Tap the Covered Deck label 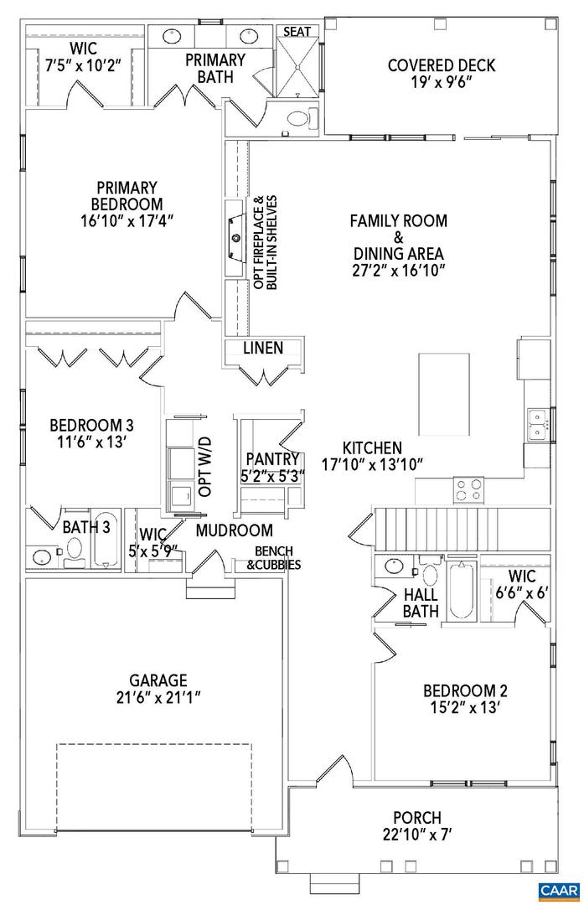442,65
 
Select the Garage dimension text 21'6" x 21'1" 158,696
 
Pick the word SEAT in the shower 297,32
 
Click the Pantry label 272,459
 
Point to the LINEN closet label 263,348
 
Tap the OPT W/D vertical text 205,466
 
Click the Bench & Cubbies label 273,558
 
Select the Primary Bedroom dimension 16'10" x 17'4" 127,220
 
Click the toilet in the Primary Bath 298,120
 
